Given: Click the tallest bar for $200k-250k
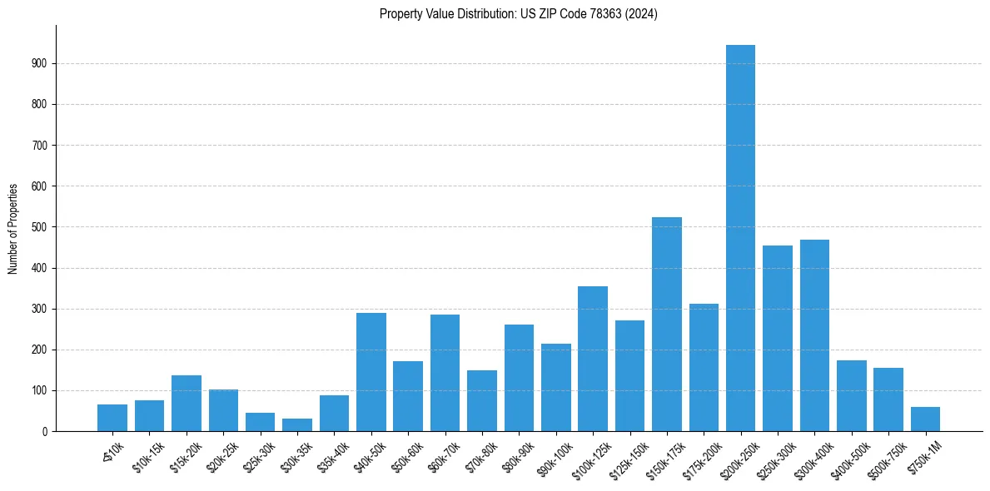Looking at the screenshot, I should coord(740,238).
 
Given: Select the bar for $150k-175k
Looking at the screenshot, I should coord(666,325).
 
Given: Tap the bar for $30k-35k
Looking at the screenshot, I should coord(297,425).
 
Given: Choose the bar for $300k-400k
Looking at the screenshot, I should coord(814,335).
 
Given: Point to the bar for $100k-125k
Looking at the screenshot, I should coord(593,359).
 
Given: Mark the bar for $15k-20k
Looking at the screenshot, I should coord(187,404).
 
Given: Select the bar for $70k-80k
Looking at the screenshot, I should coord(482,401).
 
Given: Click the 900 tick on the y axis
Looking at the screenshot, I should coord(40,63).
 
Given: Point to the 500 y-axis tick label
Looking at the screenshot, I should coord(40,227).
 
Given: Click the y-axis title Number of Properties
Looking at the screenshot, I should coord(13,229).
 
